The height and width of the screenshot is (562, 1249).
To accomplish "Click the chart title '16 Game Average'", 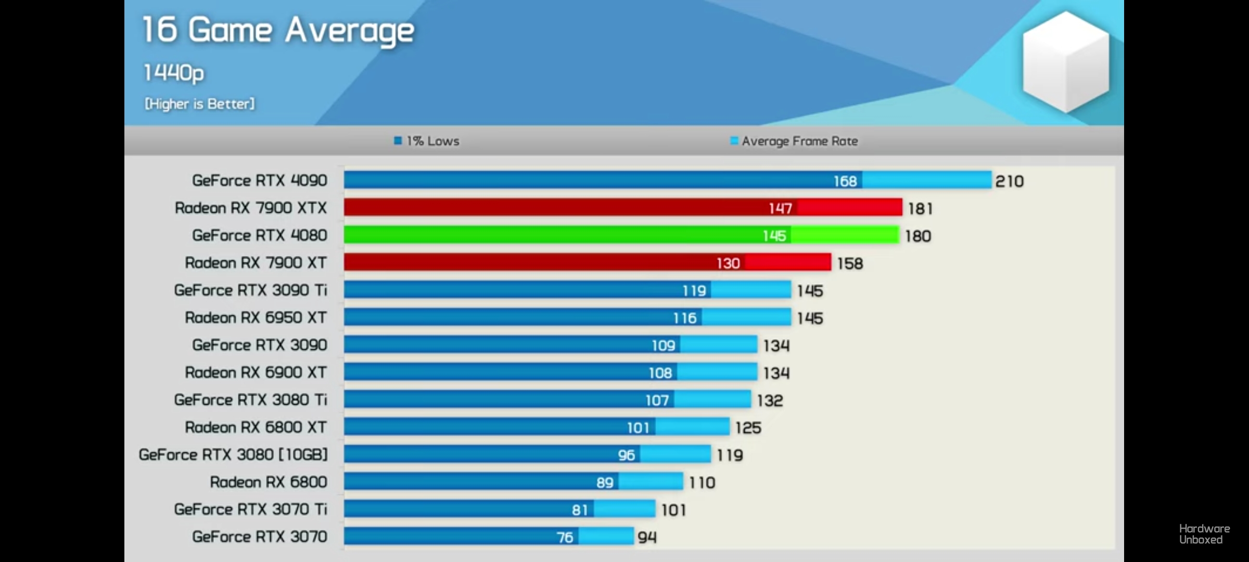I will pyautogui.click(x=278, y=30).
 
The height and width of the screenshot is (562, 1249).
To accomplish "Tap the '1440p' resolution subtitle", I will pyautogui.click(x=174, y=73).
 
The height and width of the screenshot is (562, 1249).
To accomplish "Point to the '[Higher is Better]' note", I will pyautogui.click(x=200, y=104).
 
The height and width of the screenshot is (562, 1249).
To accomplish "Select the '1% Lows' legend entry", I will pyautogui.click(x=427, y=141).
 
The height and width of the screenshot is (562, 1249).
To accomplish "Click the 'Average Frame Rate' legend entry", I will pyautogui.click(x=794, y=141).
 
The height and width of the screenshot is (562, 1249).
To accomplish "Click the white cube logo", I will pyautogui.click(x=1065, y=61).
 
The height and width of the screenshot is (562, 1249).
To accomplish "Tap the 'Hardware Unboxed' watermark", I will pyautogui.click(x=1204, y=534).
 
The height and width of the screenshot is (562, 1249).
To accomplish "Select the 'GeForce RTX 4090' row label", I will pyautogui.click(x=259, y=181).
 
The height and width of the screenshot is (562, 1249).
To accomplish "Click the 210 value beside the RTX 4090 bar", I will pyautogui.click(x=1009, y=182).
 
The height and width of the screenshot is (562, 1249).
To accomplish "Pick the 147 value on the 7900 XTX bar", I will pyautogui.click(x=780, y=209).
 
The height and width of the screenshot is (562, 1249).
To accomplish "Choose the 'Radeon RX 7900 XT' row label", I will pyautogui.click(x=256, y=263).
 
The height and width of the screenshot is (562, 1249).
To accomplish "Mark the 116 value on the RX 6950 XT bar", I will pyautogui.click(x=684, y=318).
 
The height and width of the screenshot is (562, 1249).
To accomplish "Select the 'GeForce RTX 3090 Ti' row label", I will pyautogui.click(x=250, y=290).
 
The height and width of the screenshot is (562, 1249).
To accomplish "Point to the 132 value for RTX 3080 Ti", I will pyautogui.click(x=770, y=401).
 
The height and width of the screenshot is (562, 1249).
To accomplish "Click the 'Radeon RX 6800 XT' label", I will pyautogui.click(x=256, y=427).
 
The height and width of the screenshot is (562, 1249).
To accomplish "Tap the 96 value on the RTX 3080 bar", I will pyautogui.click(x=626, y=455).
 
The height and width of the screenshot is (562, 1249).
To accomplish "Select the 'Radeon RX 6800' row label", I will pyautogui.click(x=269, y=482).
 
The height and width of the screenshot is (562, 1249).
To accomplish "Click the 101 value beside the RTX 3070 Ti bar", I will pyautogui.click(x=673, y=510).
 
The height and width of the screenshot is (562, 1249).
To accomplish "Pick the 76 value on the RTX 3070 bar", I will pyautogui.click(x=565, y=538).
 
